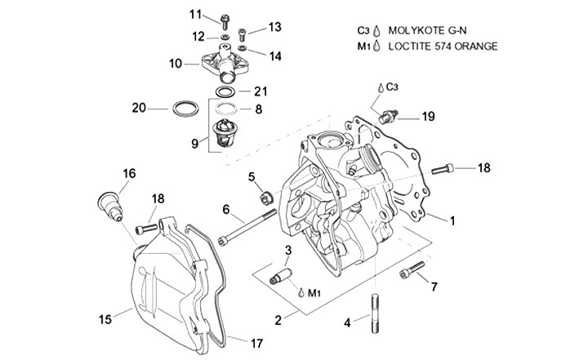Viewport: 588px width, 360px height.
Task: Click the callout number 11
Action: point(195,15)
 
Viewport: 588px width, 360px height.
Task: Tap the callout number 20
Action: point(140,108)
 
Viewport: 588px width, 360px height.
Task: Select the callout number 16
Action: point(129,173)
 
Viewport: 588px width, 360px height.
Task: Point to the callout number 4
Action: point(346,323)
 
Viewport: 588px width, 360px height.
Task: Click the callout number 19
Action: point(428,118)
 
